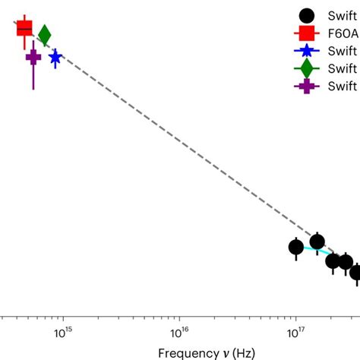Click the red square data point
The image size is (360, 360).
click(x=24, y=27)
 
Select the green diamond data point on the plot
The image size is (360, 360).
click(x=44, y=35)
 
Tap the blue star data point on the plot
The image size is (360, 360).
click(x=55, y=57)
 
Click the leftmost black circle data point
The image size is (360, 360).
click(x=296, y=247)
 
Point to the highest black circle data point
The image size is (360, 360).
click(x=317, y=242)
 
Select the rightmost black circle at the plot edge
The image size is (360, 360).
click(x=355, y=272)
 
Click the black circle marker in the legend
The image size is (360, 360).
click(x=307, y=15)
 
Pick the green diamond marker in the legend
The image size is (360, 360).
click(x=307, y=68)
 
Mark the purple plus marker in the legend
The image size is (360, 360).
click(x=307, y=86)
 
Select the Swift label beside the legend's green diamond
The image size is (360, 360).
click(x=343, y=68)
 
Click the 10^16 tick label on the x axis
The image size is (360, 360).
click(x=179, y=332)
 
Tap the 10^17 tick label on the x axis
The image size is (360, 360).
click(x=295, y=332)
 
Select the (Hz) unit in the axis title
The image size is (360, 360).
click(x=244, y=352)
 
